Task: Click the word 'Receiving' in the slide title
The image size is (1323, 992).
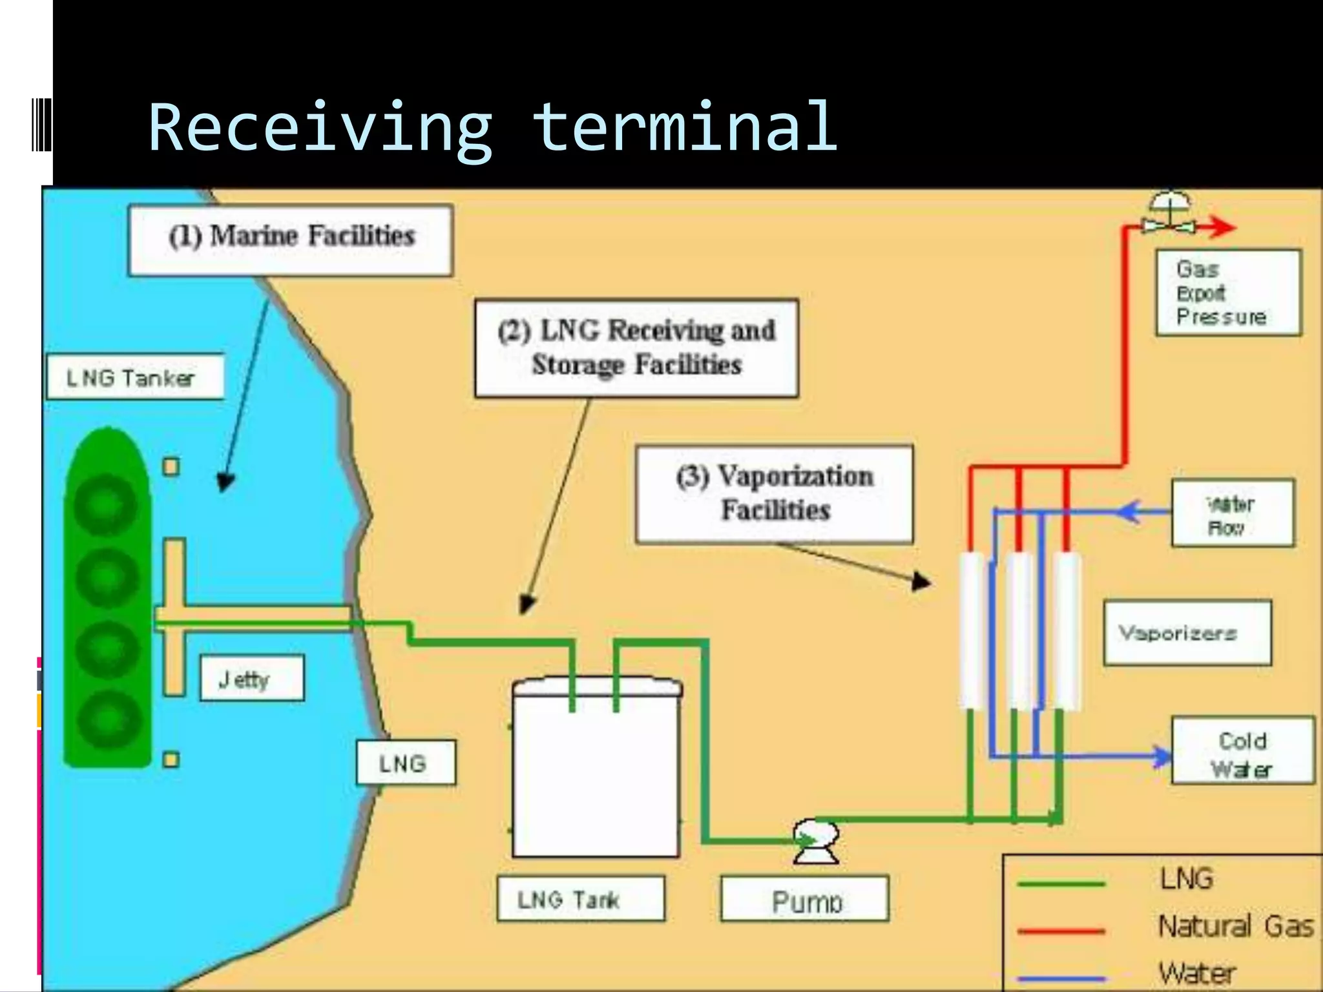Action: tap(320, 127)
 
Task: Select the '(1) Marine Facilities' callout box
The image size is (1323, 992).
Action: tap(291, 240)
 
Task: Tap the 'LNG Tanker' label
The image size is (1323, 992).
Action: tap(134, 377)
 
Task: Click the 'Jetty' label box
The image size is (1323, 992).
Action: tap(251, 678)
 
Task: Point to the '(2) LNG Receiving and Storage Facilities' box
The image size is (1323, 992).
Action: tap(636, 347)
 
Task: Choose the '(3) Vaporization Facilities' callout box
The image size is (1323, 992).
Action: tap(774, 493)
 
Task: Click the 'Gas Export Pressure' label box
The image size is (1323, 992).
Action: tap(1227, 293)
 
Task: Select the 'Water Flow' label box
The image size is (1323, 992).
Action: tap(1232, 513)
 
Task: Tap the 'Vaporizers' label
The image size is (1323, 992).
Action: tap(1187, 632)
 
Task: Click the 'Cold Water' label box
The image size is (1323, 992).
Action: tap(1242, 750)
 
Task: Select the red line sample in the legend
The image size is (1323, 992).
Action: tap(1061, 931)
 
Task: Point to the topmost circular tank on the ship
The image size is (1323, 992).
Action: tap(107, 504)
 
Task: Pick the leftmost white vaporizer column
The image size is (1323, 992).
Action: tap(971, 631)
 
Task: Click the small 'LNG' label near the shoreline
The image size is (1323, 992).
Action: tap(406, 763)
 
